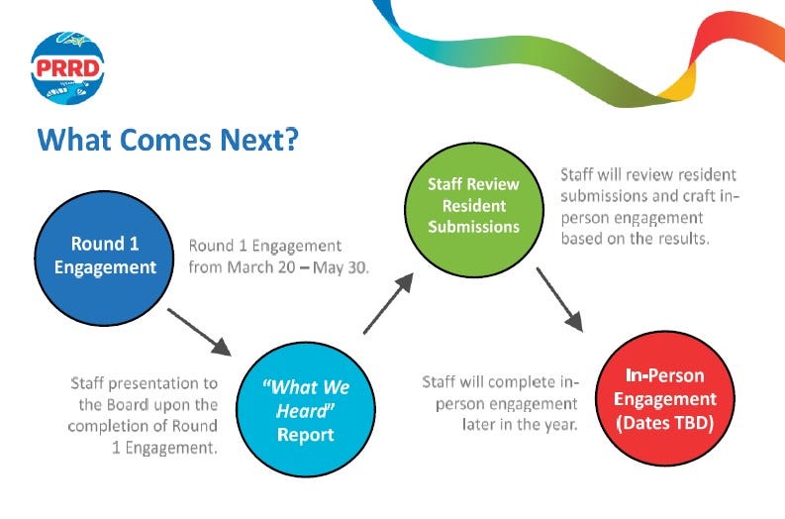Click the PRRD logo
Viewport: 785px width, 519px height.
pos(67,67)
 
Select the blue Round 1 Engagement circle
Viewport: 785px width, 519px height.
pos(104,258)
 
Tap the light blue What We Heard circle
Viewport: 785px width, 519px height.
pos(306,409)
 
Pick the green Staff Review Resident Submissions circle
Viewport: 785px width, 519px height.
pos(473,210)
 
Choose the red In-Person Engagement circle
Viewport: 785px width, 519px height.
pos(665,399)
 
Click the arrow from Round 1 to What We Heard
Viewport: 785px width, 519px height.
pos(199,332)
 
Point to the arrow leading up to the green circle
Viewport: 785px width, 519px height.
pos(388,303)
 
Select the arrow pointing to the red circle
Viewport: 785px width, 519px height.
pos(559,299)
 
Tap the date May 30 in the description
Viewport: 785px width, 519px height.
pos(341,267)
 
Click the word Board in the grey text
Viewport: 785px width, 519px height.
pos(130,405)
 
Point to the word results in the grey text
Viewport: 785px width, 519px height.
pos(684,239)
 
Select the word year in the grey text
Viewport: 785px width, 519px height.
pos(560,425)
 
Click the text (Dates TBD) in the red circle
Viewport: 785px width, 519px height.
pos(665,423)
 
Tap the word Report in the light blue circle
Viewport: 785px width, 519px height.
pos(306,435)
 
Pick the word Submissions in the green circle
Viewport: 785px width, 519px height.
pos(473,227)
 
